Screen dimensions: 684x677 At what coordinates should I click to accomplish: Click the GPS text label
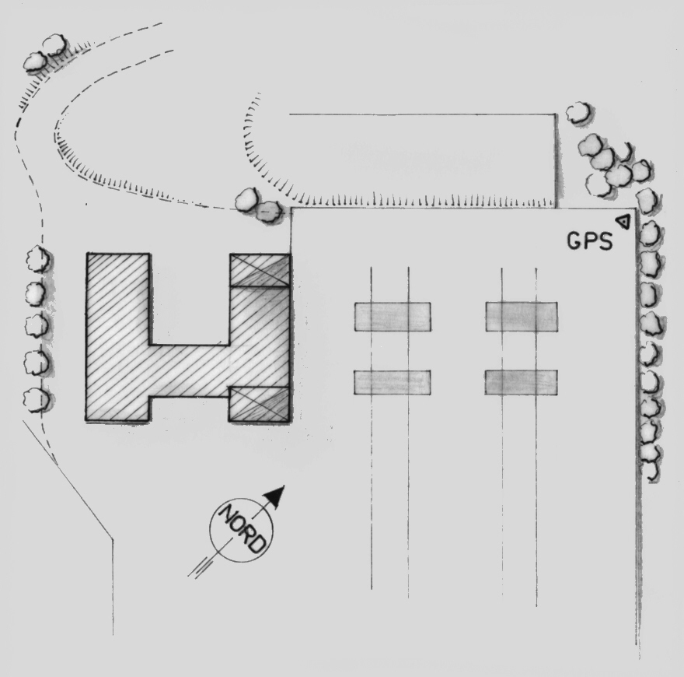click(590, 240)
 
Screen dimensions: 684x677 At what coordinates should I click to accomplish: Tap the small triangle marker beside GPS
click(624, 222)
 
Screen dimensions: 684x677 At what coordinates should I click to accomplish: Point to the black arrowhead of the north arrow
click(276, 496)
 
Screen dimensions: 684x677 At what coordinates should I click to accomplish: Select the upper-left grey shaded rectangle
click(393, 317)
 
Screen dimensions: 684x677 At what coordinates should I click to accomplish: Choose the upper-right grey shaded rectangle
click(522, 317)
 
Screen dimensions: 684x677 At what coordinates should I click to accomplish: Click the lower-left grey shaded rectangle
click(393, 383)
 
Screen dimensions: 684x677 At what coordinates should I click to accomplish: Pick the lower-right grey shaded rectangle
click(521, 383)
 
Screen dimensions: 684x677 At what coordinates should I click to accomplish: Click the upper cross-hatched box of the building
click(260, 270)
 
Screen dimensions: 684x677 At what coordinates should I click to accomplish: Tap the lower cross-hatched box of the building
click(260, 404)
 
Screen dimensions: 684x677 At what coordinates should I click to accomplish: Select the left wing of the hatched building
click(118, 337)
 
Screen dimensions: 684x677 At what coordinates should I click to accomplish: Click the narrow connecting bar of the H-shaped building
click(190, 371)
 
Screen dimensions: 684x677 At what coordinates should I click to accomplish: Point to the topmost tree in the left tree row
click(38, 259)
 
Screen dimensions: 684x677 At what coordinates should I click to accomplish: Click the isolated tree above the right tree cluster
click(579, 113)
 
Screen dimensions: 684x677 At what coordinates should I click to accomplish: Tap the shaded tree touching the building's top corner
click(268, 212)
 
